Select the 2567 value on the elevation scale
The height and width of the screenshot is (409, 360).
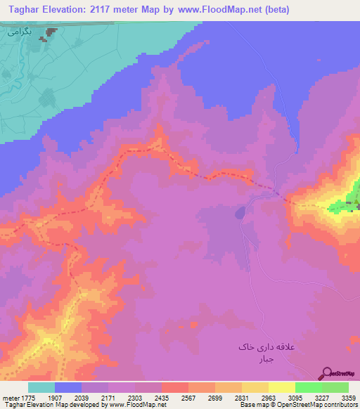[x=188, y=397]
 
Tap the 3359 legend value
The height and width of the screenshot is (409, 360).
[x=348, y=397]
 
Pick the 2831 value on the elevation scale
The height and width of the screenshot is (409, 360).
[x=241, y=397]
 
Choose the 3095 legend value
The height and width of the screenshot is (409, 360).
[x=295, y=397]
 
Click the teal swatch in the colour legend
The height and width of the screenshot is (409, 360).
[x=41, y=387]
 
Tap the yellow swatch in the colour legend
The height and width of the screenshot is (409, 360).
[x=282, y=387]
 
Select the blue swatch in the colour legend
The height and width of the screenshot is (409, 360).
[x=68, y=387]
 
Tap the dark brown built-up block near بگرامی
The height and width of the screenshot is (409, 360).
[x=51, y=32]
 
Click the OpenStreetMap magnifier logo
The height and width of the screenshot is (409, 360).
[x=327, y=374]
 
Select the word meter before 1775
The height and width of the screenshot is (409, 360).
[x=9, y=397]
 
